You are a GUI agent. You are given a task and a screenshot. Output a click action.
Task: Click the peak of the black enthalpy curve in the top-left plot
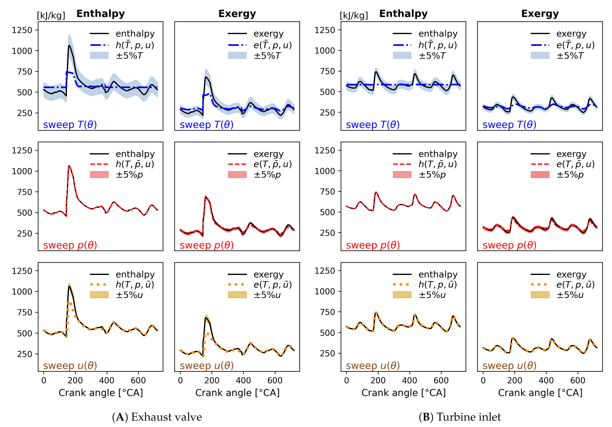click(69, 46)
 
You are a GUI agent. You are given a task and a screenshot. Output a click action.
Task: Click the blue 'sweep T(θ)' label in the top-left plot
click(70, 125)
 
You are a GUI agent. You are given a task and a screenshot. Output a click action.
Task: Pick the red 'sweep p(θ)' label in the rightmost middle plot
click(509, 245)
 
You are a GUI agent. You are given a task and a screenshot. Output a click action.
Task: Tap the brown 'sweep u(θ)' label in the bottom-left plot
click(70, 366)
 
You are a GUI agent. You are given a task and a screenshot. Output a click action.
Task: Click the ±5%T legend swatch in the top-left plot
click(99, 55)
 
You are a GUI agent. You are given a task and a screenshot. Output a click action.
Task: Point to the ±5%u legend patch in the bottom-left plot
click(99, 295)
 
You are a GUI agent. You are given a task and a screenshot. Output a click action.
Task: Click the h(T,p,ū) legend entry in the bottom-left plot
click(135, 285)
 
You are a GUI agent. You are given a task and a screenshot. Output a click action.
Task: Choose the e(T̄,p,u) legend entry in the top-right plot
click(575, 45)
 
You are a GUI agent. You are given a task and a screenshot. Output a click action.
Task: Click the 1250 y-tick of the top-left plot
click(22, 30)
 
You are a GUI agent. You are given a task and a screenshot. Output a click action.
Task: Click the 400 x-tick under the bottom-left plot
click(107, 380)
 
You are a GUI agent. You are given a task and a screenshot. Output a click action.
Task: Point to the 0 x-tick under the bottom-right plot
click(483, 380)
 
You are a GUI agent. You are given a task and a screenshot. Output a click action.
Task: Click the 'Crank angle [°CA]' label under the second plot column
click(237, 393)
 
